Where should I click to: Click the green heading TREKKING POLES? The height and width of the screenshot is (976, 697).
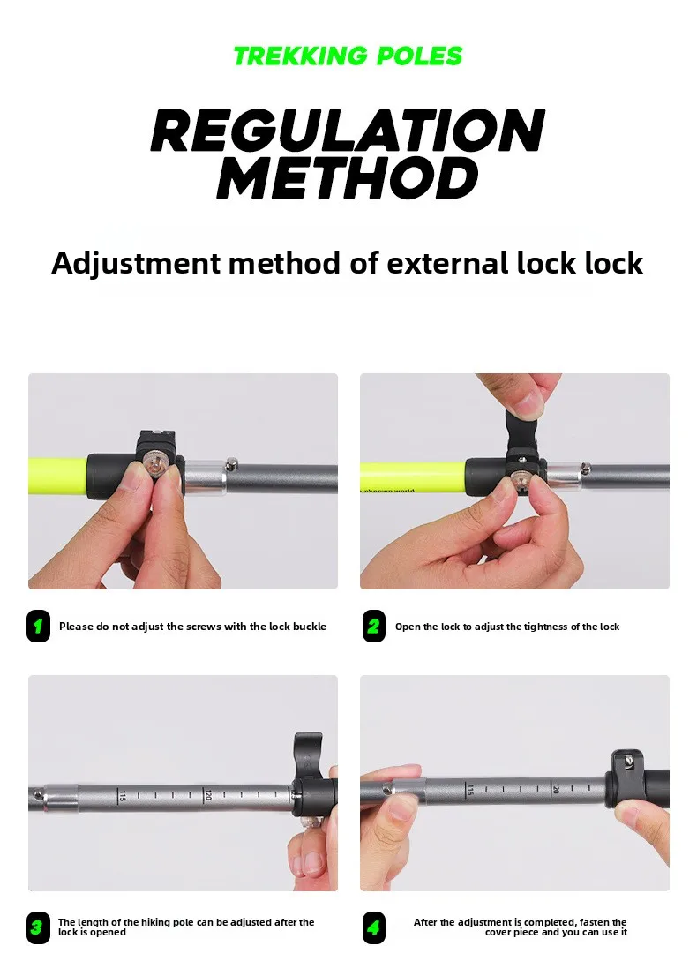click(x=348, y=56)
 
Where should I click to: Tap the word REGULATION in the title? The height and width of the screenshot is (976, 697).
click(x=348, y=130)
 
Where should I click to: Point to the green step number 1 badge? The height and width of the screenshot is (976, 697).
click(x=38, y=626)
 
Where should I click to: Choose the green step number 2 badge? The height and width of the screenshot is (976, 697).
click(x=373, y=626)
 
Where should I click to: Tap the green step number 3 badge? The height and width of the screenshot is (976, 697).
click(x=38, y=927)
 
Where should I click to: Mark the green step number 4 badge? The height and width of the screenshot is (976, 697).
click(x=373, y=927)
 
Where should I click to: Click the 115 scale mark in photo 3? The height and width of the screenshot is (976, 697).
click(x=122, y=795)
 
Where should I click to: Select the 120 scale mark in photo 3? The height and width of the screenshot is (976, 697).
click(x=208, y=795)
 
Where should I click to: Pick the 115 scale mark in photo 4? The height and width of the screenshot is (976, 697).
click(x=470, y=789)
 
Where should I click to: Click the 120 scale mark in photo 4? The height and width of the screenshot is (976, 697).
click(x=556, y=789)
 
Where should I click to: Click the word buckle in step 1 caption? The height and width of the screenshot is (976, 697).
click(x=310, y=627)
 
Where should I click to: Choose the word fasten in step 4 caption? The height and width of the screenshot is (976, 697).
click(x=595, y=922)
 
